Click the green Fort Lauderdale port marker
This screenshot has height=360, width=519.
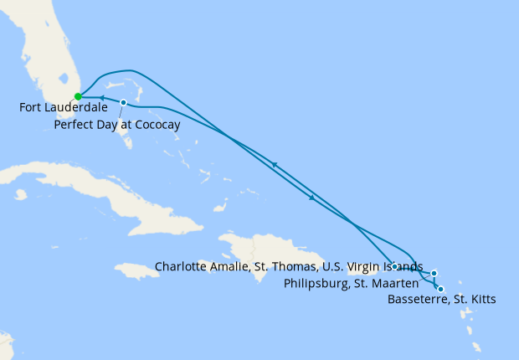(x=78, y=96)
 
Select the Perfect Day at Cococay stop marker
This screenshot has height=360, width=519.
(x=123, y=103)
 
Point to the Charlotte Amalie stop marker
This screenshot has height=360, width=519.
(x=393, y=267)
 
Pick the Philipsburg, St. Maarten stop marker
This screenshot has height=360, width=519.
(x=434, y=273)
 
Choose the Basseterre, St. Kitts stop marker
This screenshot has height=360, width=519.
(x=441, y=289)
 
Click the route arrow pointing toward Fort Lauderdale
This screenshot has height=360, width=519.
(x=103, y=99)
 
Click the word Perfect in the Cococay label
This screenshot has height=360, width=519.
(x=73, y=124)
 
